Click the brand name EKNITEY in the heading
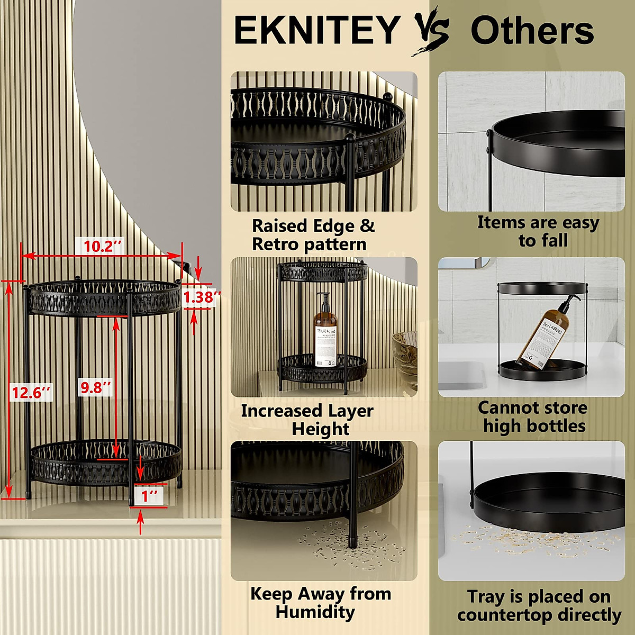tap(316, 30)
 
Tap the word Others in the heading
tap(532, 31)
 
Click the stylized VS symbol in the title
tap(431, 30)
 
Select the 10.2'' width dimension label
tap(103, 246)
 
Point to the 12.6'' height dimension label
tap(31, 393)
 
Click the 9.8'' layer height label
tap(96, 387)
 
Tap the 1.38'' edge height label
tap(201, 297)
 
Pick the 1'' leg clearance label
tap(150, 496)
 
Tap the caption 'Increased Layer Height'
tap(308, 420)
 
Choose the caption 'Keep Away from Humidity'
tap(320, 603)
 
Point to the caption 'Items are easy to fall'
tap(538, 231)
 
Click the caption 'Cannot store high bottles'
tap(533, 417)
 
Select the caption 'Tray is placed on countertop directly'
tap(539, 606)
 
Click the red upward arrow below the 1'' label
tap(140, 523)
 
